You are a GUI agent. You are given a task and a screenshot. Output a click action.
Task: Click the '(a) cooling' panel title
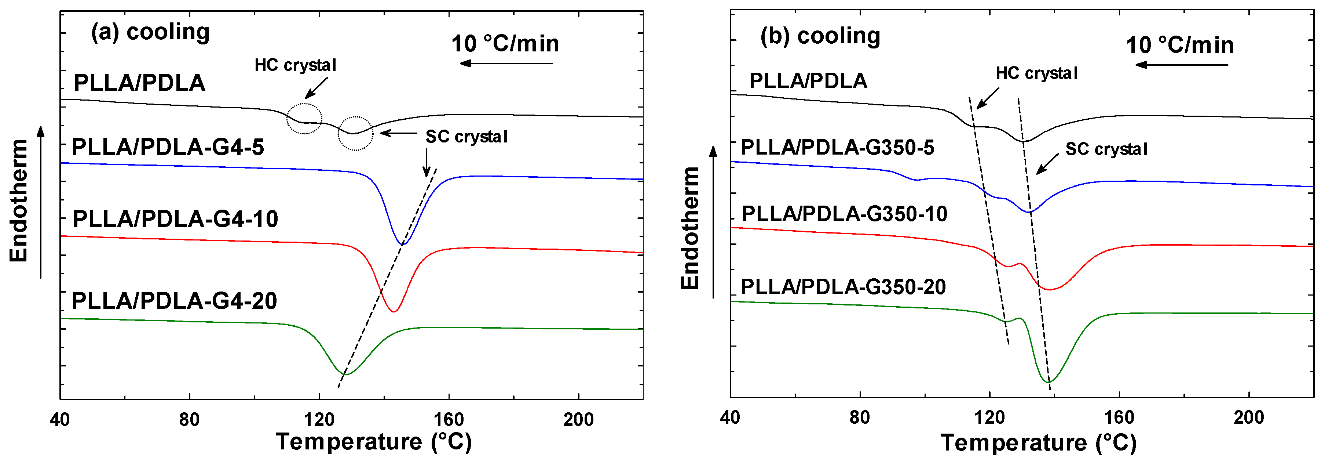tap(150, 32)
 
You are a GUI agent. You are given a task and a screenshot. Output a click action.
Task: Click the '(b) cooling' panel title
tap(820, 36)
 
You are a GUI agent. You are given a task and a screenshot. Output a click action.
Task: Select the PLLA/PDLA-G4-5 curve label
tap(168, 147)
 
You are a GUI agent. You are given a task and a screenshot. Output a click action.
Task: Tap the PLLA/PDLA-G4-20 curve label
tap(174, 301)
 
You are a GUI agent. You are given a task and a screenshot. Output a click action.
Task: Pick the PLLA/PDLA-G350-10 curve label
tap(844, 214)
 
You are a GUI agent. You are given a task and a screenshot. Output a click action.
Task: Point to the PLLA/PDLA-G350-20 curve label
tap(843, 287)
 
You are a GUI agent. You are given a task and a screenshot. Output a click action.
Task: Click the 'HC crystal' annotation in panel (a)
tap(295, 65)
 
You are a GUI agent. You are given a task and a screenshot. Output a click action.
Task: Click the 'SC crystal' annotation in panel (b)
tap(1106, 149)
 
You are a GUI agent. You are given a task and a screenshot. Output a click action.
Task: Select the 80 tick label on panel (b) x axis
tap(860, 418)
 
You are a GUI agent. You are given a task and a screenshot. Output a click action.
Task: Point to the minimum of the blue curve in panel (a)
tap(403, 244)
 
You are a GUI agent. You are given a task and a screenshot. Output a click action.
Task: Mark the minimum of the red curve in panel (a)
tap(393, 311)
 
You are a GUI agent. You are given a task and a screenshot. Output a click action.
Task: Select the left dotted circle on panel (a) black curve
tap(304, 119)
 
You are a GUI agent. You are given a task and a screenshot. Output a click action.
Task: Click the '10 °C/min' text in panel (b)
tap(1179, 45)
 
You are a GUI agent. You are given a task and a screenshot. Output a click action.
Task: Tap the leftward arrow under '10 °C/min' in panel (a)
tap(505, 64)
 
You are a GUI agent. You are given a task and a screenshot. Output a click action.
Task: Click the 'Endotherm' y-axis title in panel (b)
tap(690, 228)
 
